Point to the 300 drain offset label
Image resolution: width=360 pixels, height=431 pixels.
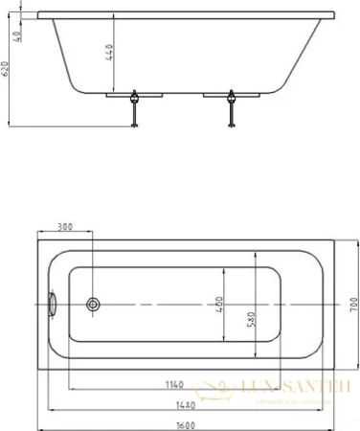coord(66,227)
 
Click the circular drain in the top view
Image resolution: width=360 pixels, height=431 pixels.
coord(93,304)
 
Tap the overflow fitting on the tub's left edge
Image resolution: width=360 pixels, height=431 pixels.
coord(53,303)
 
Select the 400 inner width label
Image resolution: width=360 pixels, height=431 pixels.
coord(222,304)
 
